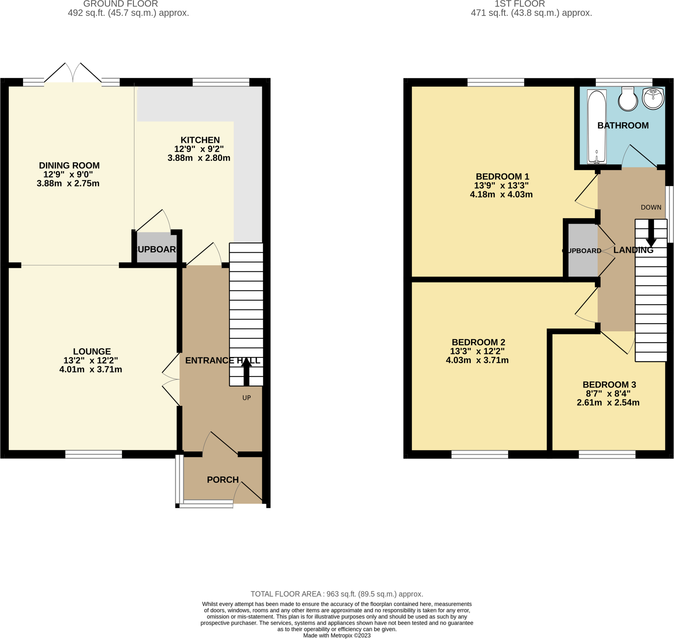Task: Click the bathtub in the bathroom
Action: pos(597,126)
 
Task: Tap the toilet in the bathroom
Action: pos(628,99)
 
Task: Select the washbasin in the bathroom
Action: pos(653,98)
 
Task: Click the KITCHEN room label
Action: pos(200,140)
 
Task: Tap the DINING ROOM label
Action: pos(69,166)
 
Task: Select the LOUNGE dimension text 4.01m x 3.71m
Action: pos(91,370)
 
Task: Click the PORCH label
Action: pos(223,480)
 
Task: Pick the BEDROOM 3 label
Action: pos(609,385)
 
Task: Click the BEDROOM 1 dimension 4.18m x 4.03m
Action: pos(501,194)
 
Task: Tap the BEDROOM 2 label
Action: pos(478,342)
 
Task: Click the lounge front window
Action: pos(93,454)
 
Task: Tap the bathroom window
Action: pos(624,82)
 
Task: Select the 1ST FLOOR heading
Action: pos(519,4)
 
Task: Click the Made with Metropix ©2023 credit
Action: pos(337,635)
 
